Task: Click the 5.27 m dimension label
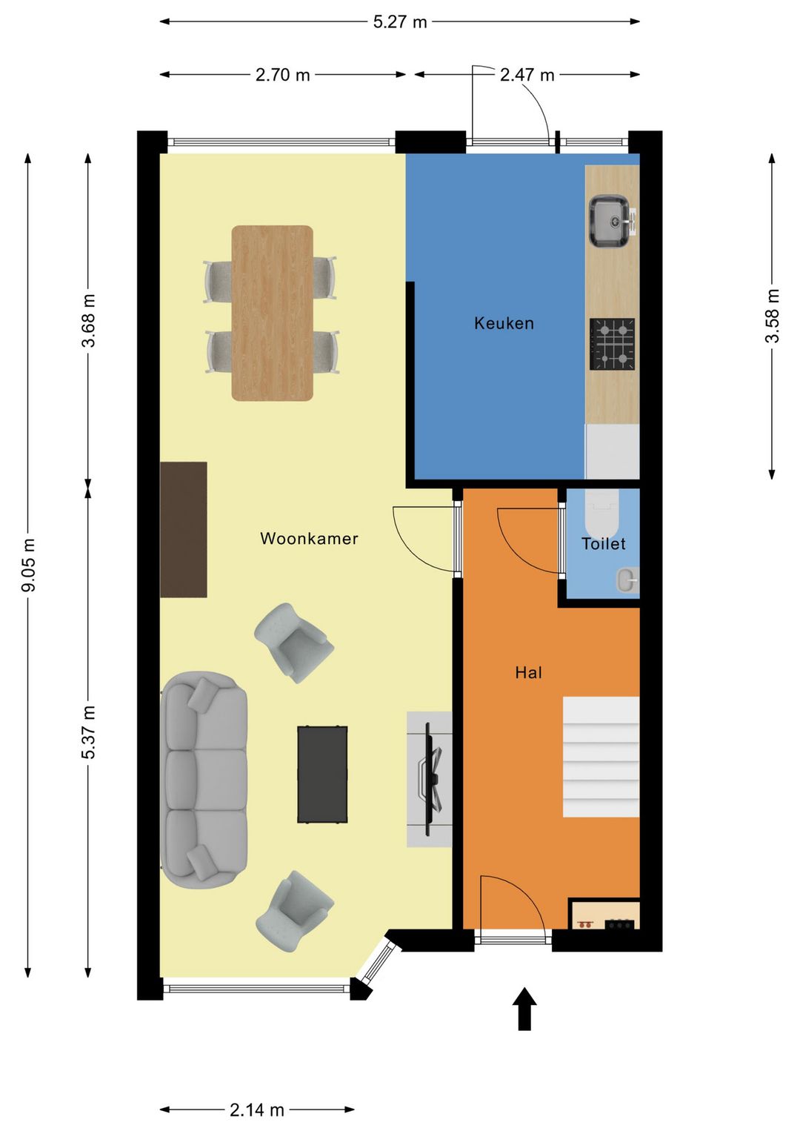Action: pyautogui.click(x=400, y=22)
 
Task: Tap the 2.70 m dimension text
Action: pyautogui.click(x=282, y=76)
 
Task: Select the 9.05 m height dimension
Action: pyautogui.click(x=28, y=565)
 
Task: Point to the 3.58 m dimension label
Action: pyautogui.click(x=772, y=316)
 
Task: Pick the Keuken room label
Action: pyautogui.click(x=504, y=323)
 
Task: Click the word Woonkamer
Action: pyautogui.click(x=309, y=538)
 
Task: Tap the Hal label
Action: pyautogui.click(x=528, y=672)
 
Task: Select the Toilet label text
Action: pyautogui.click(x=603, y=544)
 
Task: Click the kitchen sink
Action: pyautogui.click(x=609, y=222)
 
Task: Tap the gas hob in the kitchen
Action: pyautogui.click(x=613, y=344)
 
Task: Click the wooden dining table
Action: pyautogui.click(x=272, y=313)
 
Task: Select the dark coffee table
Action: pyautogui.click(x=322, y=775)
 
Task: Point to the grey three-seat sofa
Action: pyautogui.click(x=204, y=780)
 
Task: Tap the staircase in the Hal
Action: pyautogui.click(x=601, y=757)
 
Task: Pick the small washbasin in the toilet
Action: pyautogui.click(x=627, y=580)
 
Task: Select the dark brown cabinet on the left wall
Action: pyautogui.click(x=183, y=529)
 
